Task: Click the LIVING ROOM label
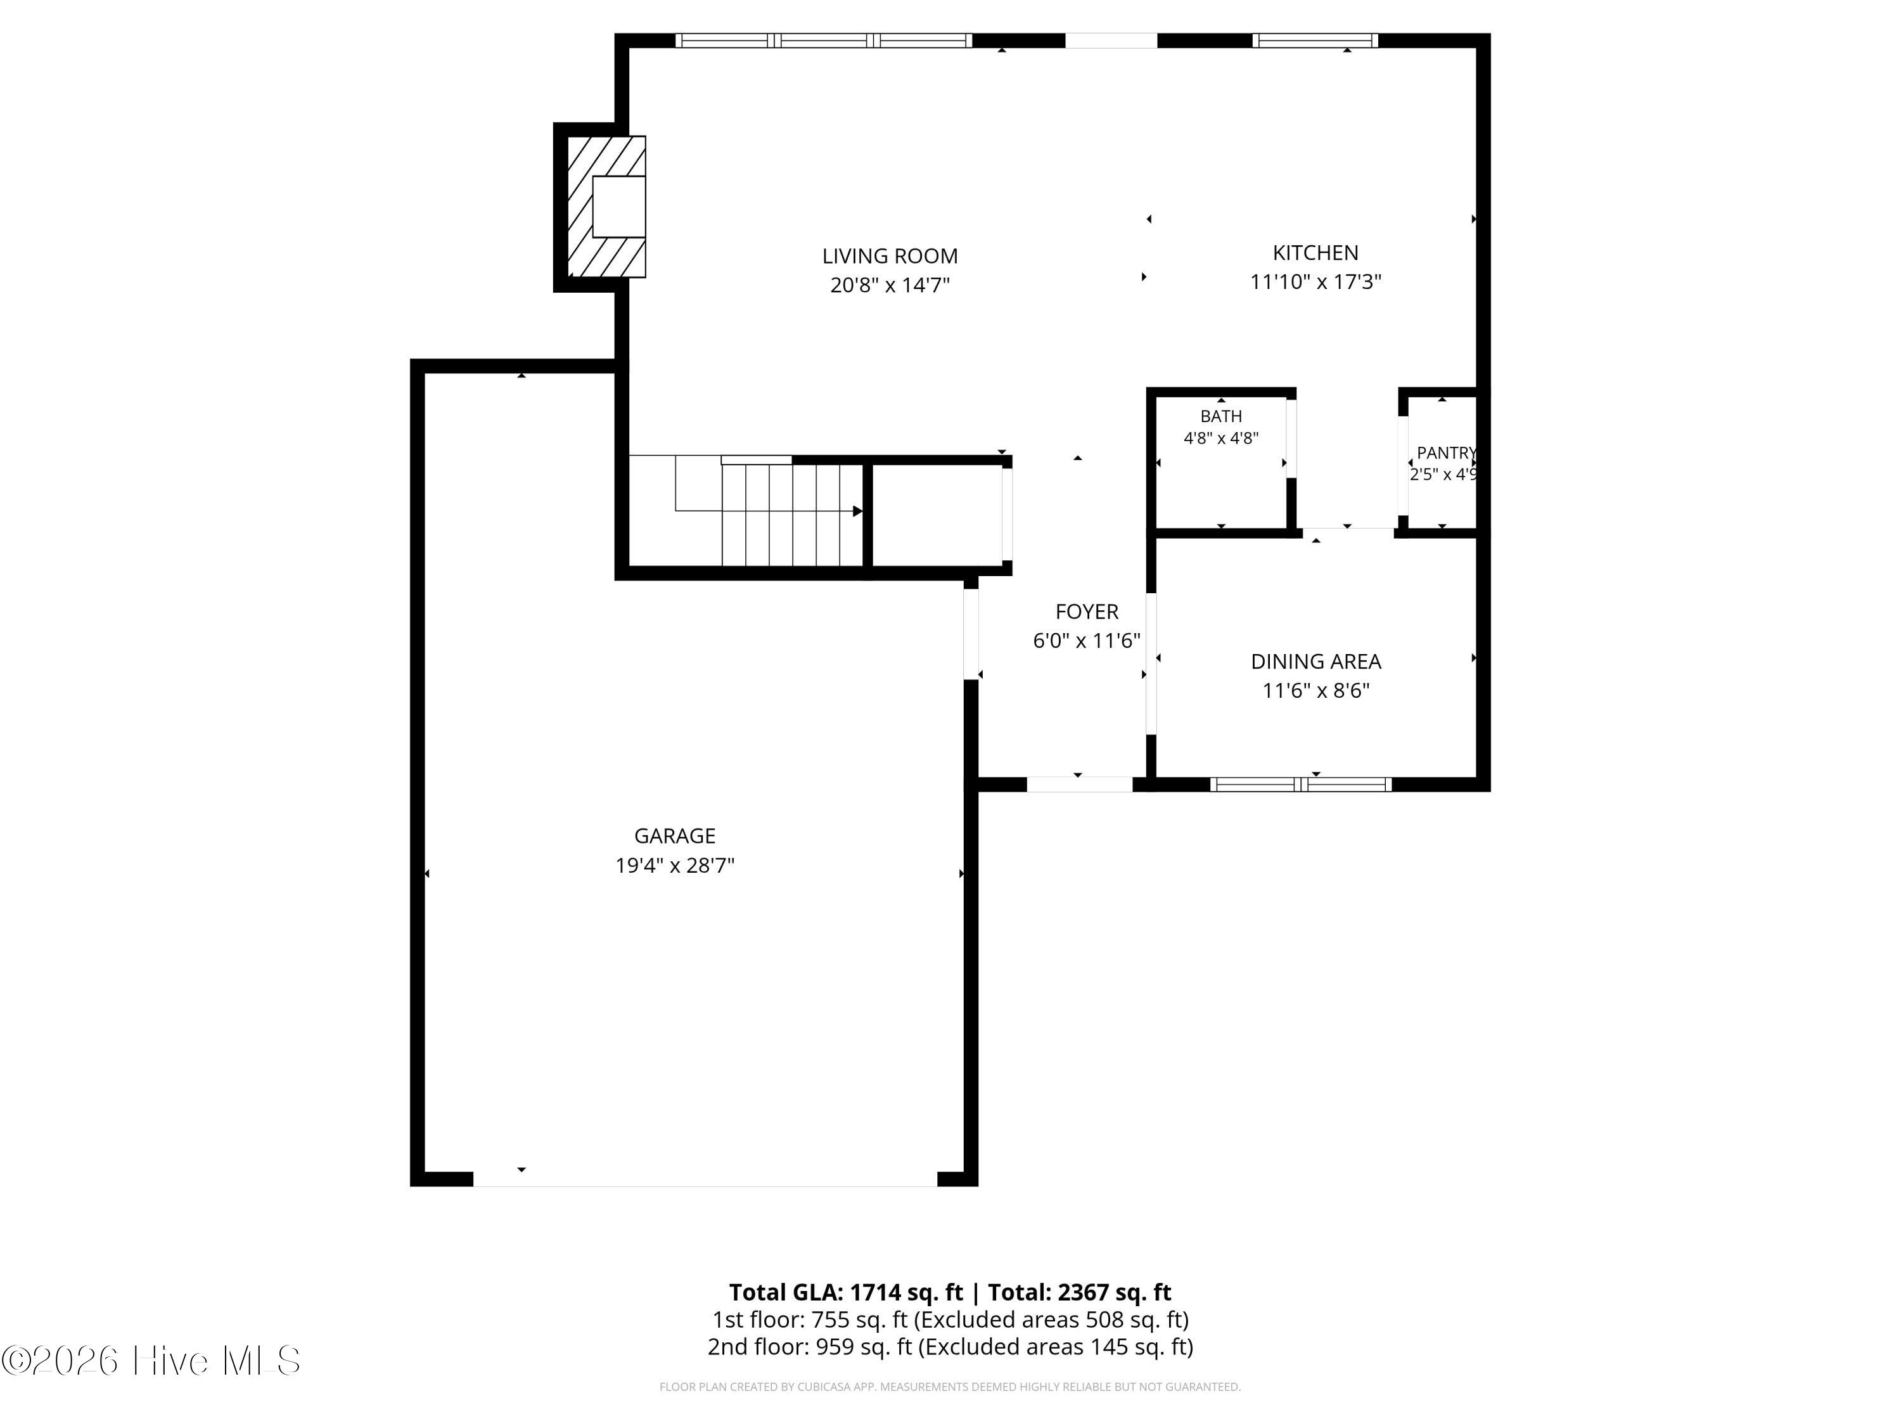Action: point(890,256)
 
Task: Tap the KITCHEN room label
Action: point(1315,253)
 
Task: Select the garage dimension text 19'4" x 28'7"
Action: point(675,864)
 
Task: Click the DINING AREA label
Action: point(1315,662)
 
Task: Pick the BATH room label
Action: point(1221,416)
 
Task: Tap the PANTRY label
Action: point(1447,453)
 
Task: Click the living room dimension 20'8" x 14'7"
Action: point(890,285)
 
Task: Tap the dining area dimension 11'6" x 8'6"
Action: point(1315,690)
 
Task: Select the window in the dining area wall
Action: point(1301,784)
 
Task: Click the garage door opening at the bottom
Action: point(705,1179)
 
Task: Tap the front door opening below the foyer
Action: point(1079,784)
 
